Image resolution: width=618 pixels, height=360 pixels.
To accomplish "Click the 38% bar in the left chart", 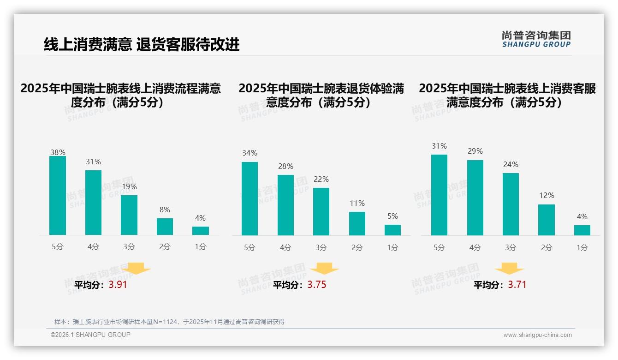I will point(58,196).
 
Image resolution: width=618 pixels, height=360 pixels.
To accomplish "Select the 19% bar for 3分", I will point(129,215).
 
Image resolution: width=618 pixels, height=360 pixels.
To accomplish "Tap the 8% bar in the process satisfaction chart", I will point(165,227).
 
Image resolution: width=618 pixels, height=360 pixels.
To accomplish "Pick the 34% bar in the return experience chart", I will point(250,198).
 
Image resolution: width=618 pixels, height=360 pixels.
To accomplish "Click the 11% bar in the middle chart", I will point(357,224).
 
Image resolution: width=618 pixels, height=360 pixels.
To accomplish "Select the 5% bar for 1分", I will point(392,230).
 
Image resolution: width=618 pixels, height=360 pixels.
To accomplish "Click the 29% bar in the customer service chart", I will point(475,198).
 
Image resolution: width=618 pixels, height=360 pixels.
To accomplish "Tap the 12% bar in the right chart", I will point(547,220).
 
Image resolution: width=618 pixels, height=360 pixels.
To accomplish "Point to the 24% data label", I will point(511,165).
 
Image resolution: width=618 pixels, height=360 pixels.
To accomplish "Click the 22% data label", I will point(321,180).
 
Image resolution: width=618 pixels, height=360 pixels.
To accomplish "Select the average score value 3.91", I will point(118,285).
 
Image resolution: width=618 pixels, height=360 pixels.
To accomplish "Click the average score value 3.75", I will point(317,285).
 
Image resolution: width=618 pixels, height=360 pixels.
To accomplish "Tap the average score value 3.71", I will point(517,285).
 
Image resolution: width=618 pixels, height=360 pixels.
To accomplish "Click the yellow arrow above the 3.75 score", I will point(324,269).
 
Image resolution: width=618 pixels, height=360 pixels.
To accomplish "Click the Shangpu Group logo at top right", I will point(536,39).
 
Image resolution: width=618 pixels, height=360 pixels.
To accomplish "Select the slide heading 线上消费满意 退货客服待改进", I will point(142,45).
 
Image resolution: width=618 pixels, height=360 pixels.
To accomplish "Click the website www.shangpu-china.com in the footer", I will point(537,335).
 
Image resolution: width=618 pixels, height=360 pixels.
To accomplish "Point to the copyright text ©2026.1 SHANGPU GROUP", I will point(90,335).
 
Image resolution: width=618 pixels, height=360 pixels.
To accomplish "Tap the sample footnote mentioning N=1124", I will point(169,322).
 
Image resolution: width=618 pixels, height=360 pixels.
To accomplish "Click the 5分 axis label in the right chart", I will point(439,248).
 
